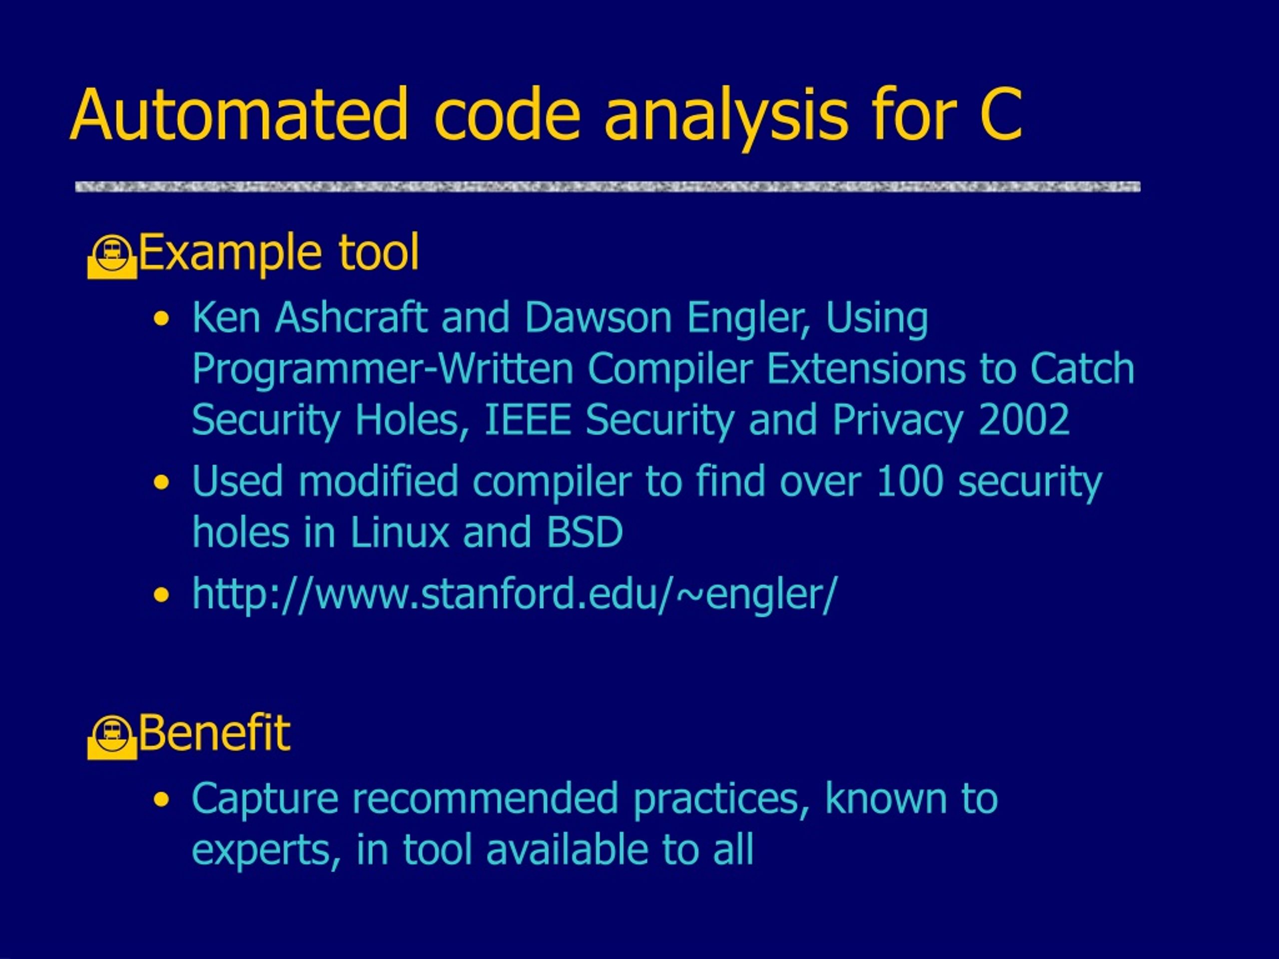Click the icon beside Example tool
point(112,257)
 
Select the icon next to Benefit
point(112,737)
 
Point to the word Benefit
point(214,732)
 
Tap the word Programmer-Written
point(383,368)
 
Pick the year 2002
point(1023,419)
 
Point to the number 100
point(909,481)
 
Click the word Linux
point(400,532)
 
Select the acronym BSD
point(585,532)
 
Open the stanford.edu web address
point(515,594)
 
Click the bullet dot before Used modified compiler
point(162,482)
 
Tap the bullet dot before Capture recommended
point(162,800)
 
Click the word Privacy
point(898,420)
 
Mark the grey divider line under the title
point(608,187)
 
